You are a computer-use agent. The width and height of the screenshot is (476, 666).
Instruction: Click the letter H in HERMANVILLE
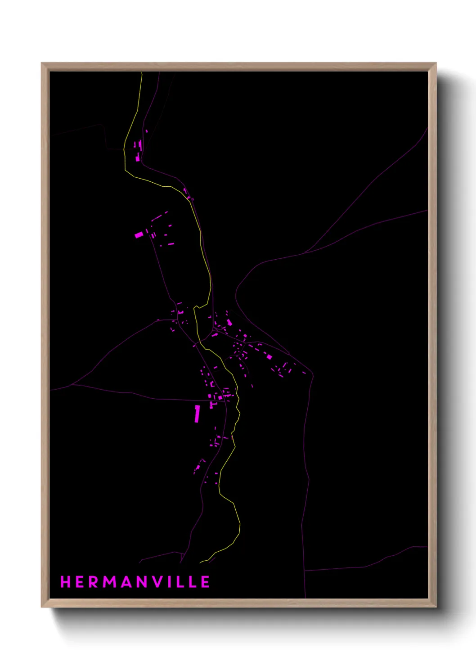coord(66,582)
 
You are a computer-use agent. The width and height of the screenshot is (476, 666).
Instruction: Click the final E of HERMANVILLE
coord(205,582)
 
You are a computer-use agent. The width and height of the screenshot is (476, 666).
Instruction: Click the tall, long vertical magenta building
coord(197,414)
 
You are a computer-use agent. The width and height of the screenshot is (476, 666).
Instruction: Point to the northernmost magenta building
coord(146,131)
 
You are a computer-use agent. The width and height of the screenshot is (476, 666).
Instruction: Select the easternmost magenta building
coord(304,372)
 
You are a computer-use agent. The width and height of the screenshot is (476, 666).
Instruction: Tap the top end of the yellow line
coord(141,72)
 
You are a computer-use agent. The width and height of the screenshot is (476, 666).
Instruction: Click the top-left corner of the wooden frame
coord(42,64)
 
